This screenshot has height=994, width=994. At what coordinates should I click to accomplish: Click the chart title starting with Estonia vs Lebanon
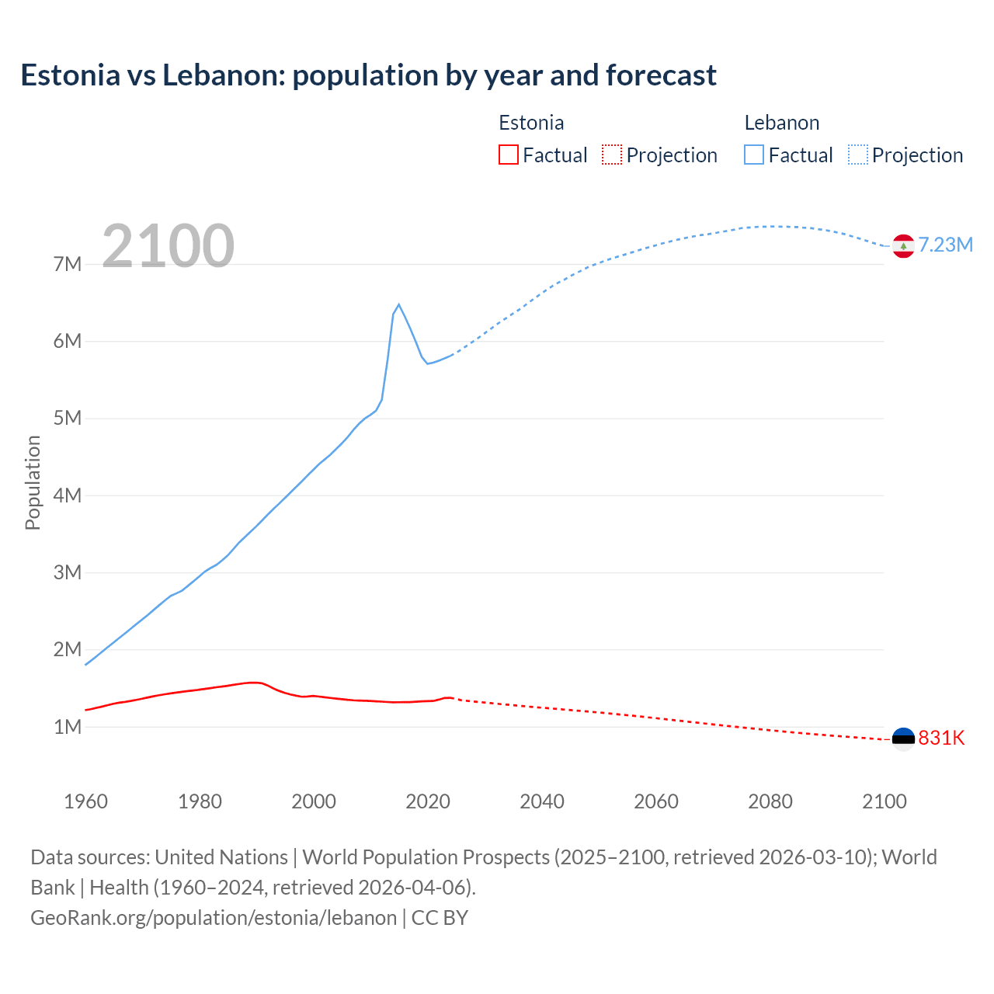[x=368, y=75]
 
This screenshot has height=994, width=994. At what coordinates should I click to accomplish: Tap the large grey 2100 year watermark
[x=168, y=246]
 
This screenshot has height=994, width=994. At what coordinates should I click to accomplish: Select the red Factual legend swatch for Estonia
[x=508, y=155]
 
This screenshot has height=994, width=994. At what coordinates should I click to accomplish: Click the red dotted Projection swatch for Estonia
[x=612, y=155]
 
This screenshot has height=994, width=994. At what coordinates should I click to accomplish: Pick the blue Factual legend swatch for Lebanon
[x=753, y=155]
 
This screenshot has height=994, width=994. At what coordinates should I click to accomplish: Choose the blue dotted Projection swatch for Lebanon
[x=857, y=155]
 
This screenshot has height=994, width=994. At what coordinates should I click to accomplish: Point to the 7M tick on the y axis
[x=68, y=264]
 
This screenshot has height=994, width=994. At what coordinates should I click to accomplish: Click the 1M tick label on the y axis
[x=68, y=727]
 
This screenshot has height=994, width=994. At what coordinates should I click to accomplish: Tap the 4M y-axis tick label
[x=68, y=495]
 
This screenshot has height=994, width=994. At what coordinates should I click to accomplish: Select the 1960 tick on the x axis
[x=85, y=801]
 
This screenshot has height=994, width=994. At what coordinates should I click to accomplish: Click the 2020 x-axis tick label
[x=428, y=801]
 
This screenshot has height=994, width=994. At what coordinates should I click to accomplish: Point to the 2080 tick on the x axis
[x=770, y=801]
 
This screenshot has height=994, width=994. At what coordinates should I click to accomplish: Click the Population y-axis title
[x=33, y=482]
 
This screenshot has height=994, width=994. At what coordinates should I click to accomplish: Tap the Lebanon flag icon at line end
[x=903, y=245]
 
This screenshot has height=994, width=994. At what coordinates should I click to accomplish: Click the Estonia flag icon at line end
[x=903, y=739]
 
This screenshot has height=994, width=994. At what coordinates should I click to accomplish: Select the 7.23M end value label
[x=946, y=245]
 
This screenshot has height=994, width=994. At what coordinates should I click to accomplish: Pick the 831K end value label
[x=941, y=739]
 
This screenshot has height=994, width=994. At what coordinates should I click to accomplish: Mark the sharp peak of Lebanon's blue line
[x=398, y=304]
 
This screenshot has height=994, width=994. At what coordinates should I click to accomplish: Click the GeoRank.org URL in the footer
[x=214, y=918]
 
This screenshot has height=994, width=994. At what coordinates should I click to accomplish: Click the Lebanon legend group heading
[x=781, y=123]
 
